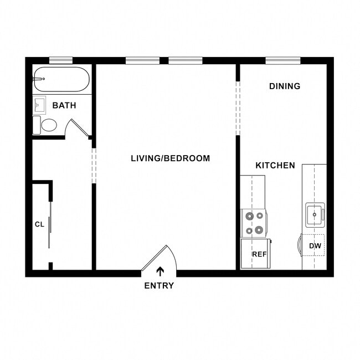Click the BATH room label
64,105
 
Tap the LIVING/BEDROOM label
170,158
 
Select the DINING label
285,86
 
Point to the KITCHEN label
275,166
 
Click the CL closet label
39,224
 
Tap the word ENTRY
159,286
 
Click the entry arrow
161,271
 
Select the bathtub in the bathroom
61,80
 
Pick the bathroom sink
39,104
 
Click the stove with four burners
254,223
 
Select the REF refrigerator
256,254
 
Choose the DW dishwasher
314,245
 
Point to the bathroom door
76,128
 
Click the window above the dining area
282,60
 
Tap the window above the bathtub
60,60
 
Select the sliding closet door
50,224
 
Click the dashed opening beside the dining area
238,108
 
